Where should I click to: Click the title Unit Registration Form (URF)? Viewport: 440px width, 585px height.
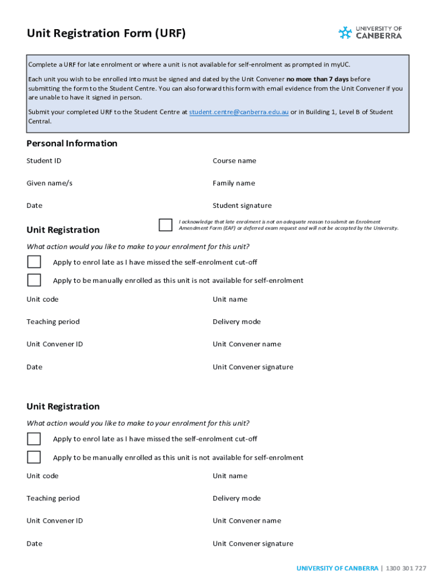pos(106,34)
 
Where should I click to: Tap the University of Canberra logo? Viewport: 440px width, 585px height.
pos(370,33)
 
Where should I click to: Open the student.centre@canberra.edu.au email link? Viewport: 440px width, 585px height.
pos(239,112)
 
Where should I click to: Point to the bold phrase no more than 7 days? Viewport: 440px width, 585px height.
pos(317,79)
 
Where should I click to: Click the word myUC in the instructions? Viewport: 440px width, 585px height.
pos(341,65)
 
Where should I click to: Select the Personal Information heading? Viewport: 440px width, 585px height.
pos(72,143)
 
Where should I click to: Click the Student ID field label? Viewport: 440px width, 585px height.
pos(44,161)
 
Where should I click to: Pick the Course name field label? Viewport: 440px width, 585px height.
pos(234,161)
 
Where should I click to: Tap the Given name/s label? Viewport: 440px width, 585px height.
pos(50,183)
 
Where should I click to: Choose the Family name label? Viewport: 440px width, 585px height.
pos(234,183)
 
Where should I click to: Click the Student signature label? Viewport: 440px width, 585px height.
pos(242,206)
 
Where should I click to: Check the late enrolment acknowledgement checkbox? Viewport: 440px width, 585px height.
pos(166,225)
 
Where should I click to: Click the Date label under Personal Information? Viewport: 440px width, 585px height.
pos(34,206)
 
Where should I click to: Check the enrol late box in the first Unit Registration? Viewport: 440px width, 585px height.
pos(34,262)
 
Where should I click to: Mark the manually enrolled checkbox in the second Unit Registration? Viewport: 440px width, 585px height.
pos(34,457)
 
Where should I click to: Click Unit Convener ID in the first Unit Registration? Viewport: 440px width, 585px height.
pos(55,344)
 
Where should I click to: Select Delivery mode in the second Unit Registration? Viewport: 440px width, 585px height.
pos(237,498)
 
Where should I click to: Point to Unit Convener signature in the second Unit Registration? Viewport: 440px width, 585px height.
pos(253,543)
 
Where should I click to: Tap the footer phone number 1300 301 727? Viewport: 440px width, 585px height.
pos(406,568)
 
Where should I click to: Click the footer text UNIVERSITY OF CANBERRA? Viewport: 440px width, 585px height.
pos(337,568)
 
